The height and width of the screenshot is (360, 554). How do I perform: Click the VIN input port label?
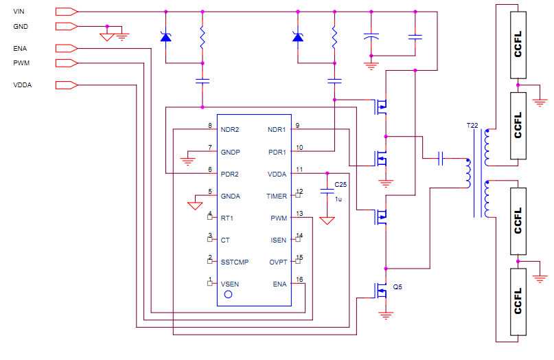point(19,12)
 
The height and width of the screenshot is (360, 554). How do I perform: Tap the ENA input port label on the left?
point(20,49)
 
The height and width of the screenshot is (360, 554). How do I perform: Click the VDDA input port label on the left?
point(22,85)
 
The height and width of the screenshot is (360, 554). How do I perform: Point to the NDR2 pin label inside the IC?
point(230,129)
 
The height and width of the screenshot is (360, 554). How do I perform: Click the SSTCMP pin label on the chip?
point(234,262)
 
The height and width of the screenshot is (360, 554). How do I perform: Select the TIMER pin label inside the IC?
point(277,196)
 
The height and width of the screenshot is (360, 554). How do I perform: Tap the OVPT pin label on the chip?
point(278,262)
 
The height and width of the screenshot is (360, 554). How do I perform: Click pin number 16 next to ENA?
point(299,280)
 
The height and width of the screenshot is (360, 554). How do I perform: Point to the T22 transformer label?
point(473,126)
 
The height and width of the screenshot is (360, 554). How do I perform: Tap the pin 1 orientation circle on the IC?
point(229,294)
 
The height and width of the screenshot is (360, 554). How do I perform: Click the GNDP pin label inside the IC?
point(231,152)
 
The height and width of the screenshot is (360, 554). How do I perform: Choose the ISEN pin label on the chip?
point(279,240)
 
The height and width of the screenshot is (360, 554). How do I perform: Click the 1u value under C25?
point(338,199)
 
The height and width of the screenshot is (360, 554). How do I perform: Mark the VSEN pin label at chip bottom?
point(230,284)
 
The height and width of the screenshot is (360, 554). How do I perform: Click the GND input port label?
point(21,27)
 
